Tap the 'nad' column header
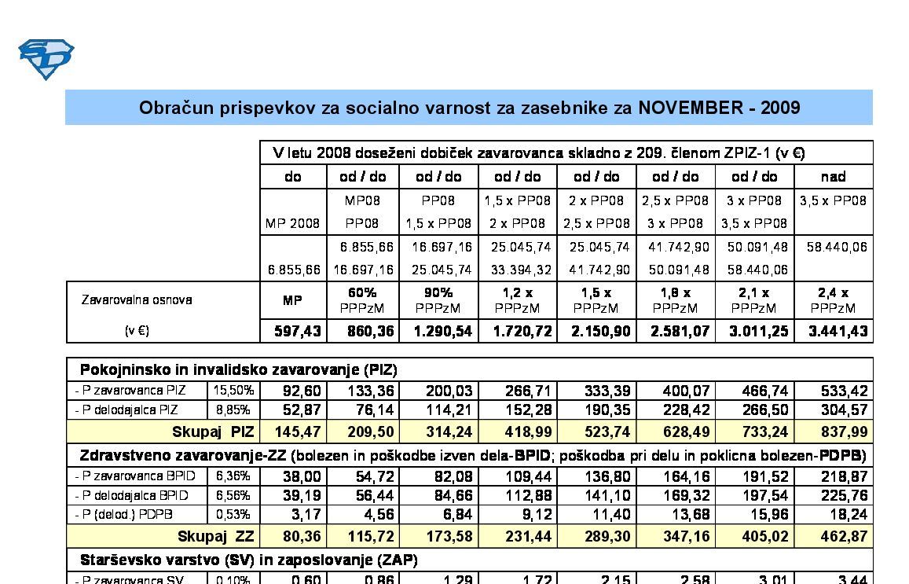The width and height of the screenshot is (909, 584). coord(833,176)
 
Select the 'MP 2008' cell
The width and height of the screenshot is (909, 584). coord(293,223)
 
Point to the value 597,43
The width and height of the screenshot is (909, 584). coord(298,331)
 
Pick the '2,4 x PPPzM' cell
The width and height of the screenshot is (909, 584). coord(833,300)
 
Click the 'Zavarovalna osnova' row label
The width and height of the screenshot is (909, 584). coord(137,299)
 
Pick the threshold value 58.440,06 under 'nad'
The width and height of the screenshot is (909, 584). coord(837,247)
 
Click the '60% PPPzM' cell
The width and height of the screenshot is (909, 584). coord(362,300)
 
